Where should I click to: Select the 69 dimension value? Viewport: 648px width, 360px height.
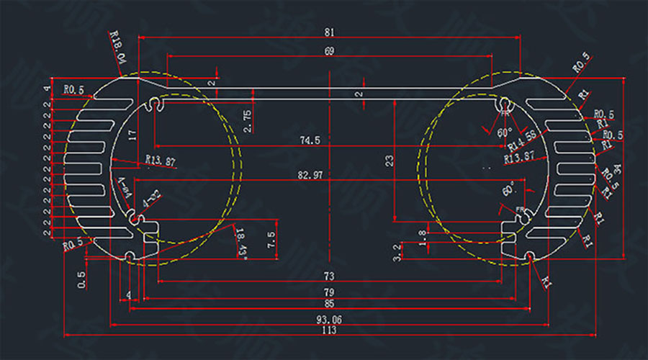[329, 50]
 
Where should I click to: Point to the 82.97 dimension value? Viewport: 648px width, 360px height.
[311, 175]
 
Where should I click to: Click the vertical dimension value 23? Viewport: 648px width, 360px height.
[390, 162]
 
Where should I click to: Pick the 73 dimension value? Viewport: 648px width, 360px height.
[328, 276]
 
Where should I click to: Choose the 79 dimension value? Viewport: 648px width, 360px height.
[328, 292]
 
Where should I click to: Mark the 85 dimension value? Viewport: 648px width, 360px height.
[328, 305]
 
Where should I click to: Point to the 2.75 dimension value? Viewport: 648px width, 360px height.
[248, 120]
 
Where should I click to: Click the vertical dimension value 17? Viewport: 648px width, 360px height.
[132, 135]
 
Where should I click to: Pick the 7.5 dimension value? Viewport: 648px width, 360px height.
[271, 240]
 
